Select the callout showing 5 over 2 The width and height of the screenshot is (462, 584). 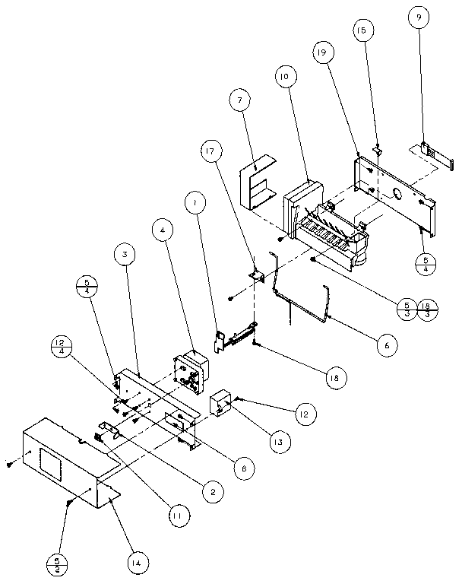click(x=57, y=565)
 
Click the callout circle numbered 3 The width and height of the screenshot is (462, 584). click(x=126, y=253)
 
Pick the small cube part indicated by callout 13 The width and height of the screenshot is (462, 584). click(x=222, y=403)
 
